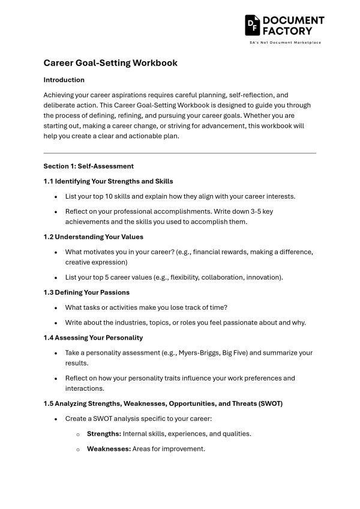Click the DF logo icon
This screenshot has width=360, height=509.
252,25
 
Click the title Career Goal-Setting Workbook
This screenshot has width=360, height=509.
110,62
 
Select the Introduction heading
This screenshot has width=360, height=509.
64,80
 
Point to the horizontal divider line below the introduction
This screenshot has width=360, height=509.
179,153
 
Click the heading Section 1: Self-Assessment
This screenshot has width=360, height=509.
88,166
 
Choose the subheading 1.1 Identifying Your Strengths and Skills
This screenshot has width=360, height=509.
109,181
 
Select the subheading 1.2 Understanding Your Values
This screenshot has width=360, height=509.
93,237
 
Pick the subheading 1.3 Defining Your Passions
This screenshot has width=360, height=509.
86,292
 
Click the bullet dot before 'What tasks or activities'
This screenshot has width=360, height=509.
56,308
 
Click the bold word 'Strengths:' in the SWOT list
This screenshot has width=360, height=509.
104,433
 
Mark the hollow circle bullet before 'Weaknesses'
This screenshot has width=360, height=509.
78,450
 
